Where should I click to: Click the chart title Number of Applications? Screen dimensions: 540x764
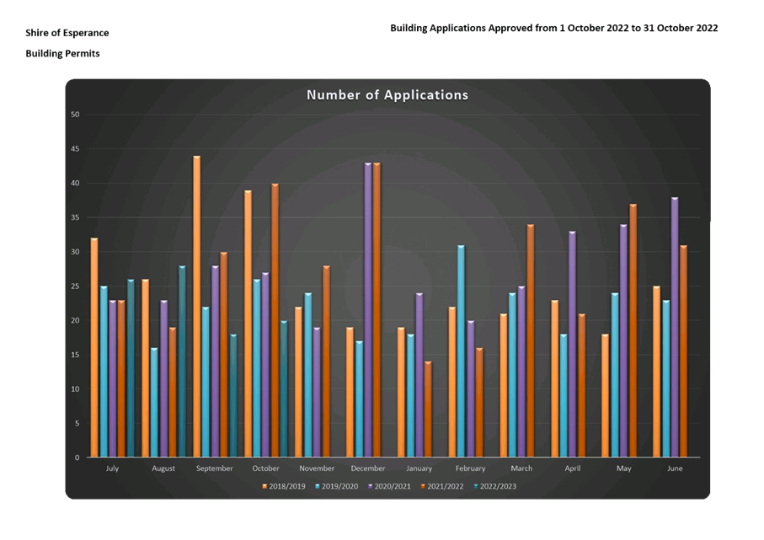(387, 95)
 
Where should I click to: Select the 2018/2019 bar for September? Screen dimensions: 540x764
(196, 307)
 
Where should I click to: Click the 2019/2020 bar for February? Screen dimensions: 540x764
(461, 351)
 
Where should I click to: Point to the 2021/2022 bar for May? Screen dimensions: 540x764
(633, 331)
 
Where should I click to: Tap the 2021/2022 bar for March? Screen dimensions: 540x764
(531, 341)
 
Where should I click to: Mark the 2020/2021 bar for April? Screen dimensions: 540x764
(573, 345)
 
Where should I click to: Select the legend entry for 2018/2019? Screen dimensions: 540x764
(284, 486)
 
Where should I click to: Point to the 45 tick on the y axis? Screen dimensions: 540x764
(75, 149)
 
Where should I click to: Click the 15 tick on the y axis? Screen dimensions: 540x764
(75, 355)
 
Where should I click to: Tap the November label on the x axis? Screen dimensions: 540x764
(317, 468)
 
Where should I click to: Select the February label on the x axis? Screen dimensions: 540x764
(470, 468)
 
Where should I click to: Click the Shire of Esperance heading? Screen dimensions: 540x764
(67, 33)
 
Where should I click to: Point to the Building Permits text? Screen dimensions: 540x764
(62, 53)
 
